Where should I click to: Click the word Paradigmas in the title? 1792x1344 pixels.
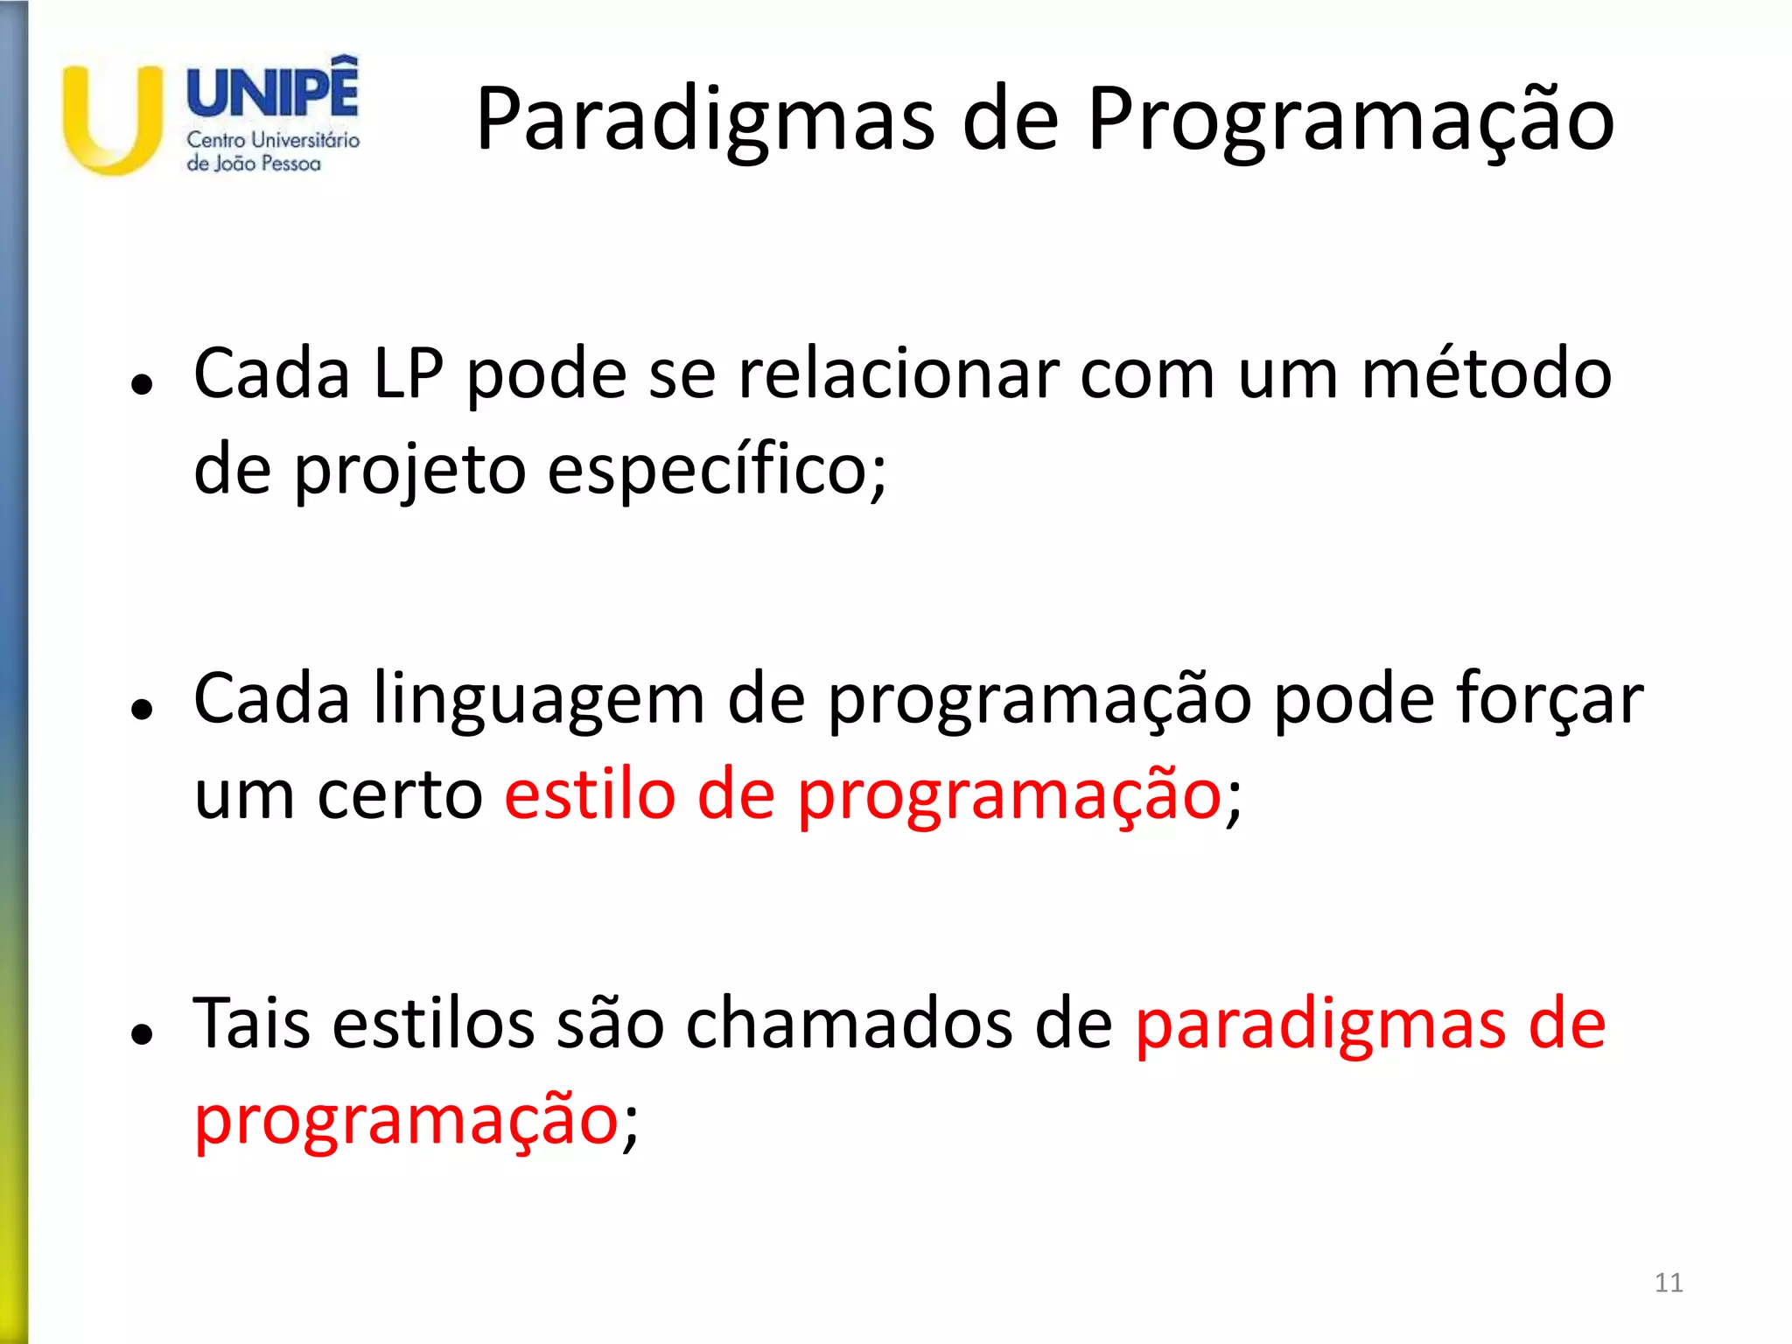click(705, 121)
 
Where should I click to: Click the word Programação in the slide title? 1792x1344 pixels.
click(1350, 121)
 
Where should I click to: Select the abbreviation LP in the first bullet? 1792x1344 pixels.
click(409, 374)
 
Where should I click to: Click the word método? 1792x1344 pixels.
click(1486, 374)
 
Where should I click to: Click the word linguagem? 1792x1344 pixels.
click(537, 700)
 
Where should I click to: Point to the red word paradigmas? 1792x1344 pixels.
click(1320, 1025)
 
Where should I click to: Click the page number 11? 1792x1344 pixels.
click(1669, 1283)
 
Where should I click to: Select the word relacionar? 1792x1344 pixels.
click(899, 374)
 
